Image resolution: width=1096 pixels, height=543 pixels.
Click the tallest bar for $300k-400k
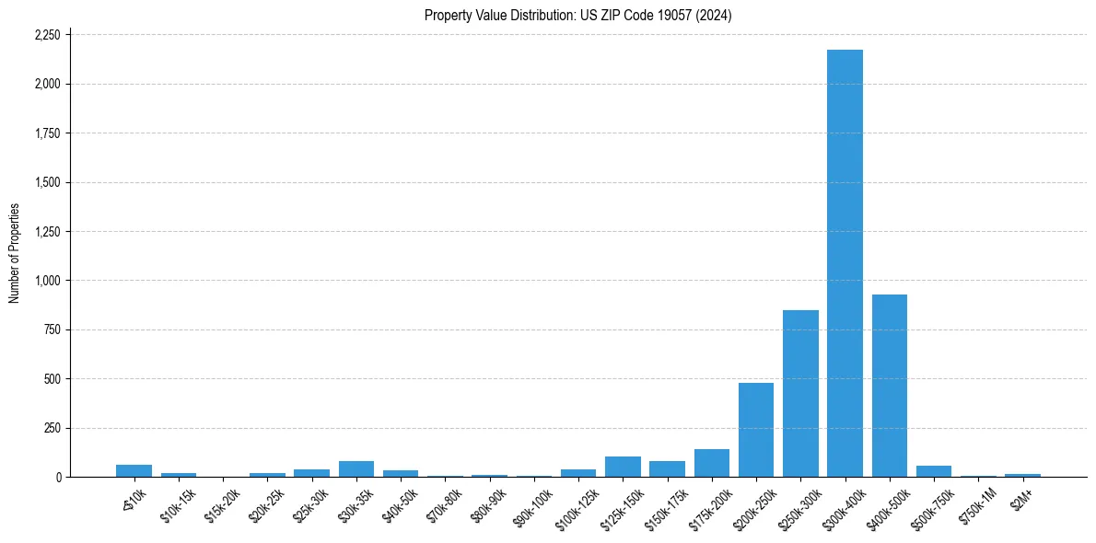(x=845, y=263)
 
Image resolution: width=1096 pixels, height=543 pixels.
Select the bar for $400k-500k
(x=889, y=386)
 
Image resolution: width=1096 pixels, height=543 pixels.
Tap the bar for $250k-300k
(x=800, y=394)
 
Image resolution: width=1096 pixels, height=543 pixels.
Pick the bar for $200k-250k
(x=756, y=430)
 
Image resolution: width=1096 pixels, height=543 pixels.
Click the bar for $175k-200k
(x=712, y=463)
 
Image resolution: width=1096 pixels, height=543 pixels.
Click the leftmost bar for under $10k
(x=134, y=471)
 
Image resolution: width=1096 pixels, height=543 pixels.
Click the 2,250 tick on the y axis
(x=47, y=35)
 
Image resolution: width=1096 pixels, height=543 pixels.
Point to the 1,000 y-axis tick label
(x=47, y=281)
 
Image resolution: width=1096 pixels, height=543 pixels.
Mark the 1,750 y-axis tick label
(x=47, y=133)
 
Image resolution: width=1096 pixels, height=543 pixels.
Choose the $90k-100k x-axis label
(x=534, y=503)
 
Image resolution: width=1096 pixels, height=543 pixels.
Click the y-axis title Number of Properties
(x=15, y=253)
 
